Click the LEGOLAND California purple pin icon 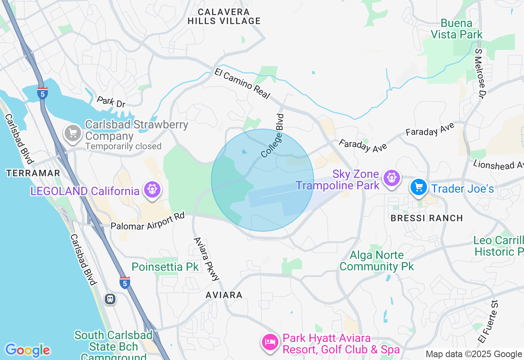pyautogui.click(x=152, y=189)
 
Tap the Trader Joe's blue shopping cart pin pyautogui.click(x=419, y=187)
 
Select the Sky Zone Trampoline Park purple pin pyautogui.click(x=391, y=178)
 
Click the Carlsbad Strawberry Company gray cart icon pyautogui.click(x=73, y=133)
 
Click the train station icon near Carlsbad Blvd pyautogui.click(x=110, y=299)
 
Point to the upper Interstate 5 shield pyautogui.click(x=42, y=93)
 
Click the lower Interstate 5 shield pyautogui.click(x=125, y=282)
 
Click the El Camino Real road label pyautogui.click(x=242, y=84)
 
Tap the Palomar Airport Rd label pyautogui.click(x=148, y=221)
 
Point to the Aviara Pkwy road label pyautogui.click(x=206, y=259)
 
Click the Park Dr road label pyautogui.click(x=111, y=102)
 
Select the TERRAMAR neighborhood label pyautogui.click(x=34, y=173)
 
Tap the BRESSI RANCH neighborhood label pyautogui.click(x=427, y=218)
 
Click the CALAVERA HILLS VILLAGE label pyautogui.click(x=224, y=16)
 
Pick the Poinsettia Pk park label pyautogui.click(x=165, y=267)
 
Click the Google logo pyautogui.click(x=27, y=350)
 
